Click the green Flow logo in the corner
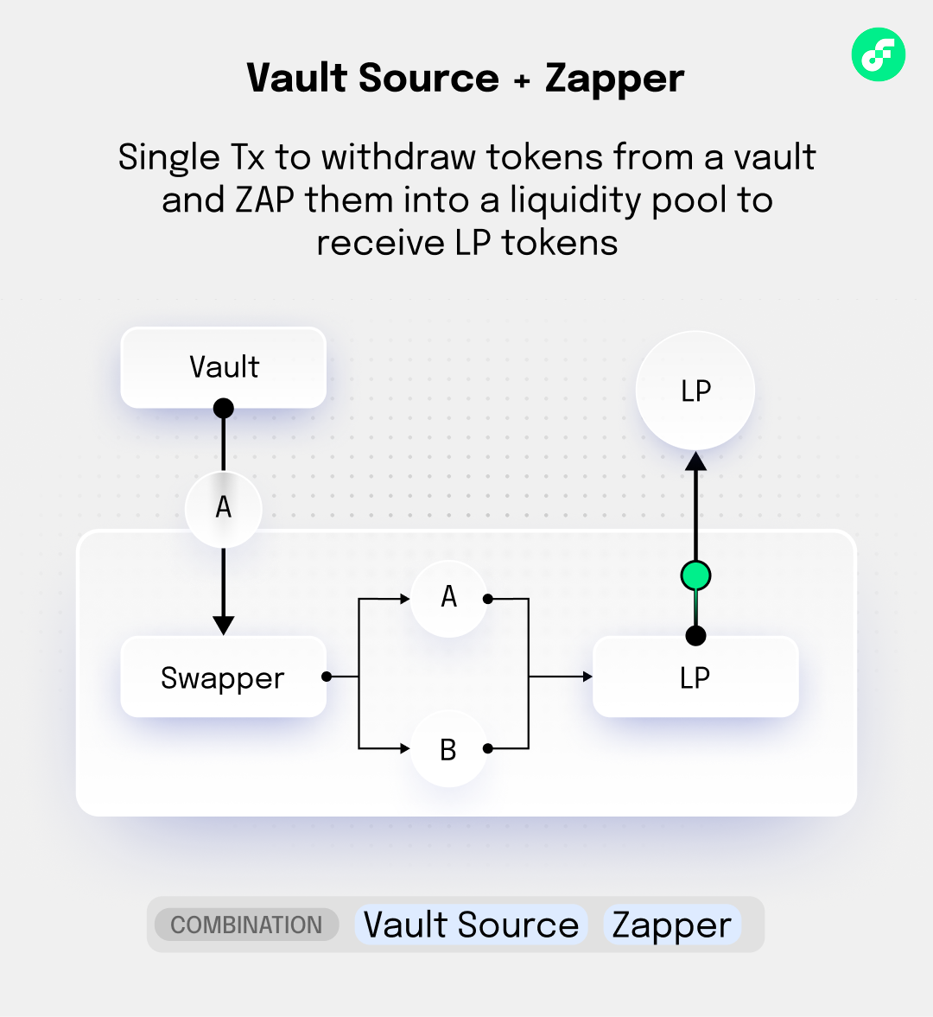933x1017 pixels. click(x=878, y=54)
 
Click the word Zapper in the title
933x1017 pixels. click(x=614, y=79)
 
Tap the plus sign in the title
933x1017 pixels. click(x=522, y=80)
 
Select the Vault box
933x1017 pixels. click(x=223, y=367)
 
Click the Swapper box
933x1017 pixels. click(x=223, y=677)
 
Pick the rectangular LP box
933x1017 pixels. click(x=695, y=677)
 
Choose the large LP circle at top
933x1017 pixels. click(x=695, y=391)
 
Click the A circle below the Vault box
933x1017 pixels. click(x=223, y=507)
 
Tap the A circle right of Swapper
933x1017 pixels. click(x=448, y=597)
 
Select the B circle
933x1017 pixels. click(x=448, y=749)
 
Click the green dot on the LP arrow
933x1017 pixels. click(x=695, y=575)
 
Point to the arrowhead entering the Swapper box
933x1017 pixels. click(x=223, y=625)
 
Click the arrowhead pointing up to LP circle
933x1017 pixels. click(x=695, y=461)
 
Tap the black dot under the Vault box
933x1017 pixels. click(x=223, y=408)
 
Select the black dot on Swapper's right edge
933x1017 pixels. click(x=327, y=677)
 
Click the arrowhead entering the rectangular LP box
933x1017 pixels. click(x=587, y=677)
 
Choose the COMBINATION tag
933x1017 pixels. click(x=246, y=925)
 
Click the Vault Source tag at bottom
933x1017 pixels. click(x=471, y=925)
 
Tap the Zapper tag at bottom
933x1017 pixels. click(x=672, y=925)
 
